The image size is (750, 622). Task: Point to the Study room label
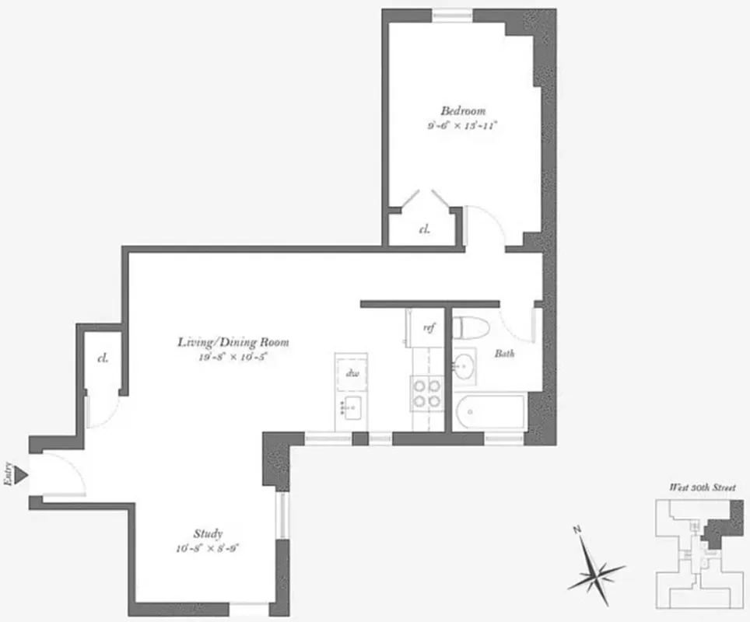[x=209, y=533]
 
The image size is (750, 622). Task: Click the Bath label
[x=505, y=354]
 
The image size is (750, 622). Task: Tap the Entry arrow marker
[x=22, y=474]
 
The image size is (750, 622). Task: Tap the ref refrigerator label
[x=428, y=327]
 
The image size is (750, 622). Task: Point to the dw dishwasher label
[x=352, y=372]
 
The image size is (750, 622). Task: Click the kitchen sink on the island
[x=351, y=406]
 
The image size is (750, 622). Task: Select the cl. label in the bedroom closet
[x=425, y=229]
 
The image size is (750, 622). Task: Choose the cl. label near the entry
[x=102, y=358]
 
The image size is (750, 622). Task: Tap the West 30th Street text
[x=703, y=487]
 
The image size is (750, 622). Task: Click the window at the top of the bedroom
[x=453, y=16]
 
